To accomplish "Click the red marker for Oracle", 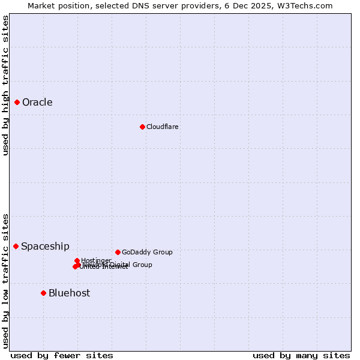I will [17, 102].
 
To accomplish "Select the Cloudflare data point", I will [142, 127].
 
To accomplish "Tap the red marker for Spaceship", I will [16, 246].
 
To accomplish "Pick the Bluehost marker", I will [43, 293].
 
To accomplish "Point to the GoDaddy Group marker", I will [118, 252].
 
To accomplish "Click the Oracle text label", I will [37, 102].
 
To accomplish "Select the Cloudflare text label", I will [162, 127].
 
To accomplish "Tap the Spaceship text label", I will [45, 246].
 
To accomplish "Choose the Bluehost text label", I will [69, 293].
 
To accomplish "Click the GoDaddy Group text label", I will [147, 252].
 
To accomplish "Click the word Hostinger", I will [96, 260].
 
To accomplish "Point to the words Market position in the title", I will [59, 5].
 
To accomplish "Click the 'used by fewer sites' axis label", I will [62, 355].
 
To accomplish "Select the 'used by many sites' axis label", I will [301, 355].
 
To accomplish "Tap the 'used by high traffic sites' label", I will [5, 85].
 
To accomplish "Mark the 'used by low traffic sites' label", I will [5, 281].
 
